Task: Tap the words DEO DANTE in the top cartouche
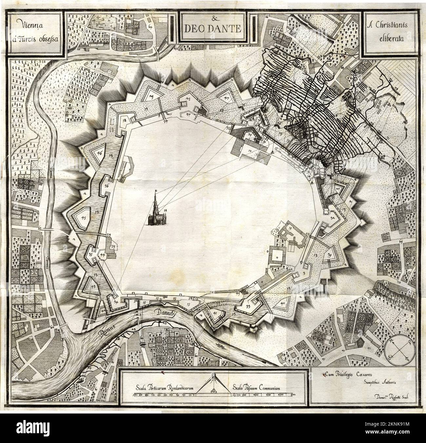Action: tap(211, 29)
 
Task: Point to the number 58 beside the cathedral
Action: tap(165, 210)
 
